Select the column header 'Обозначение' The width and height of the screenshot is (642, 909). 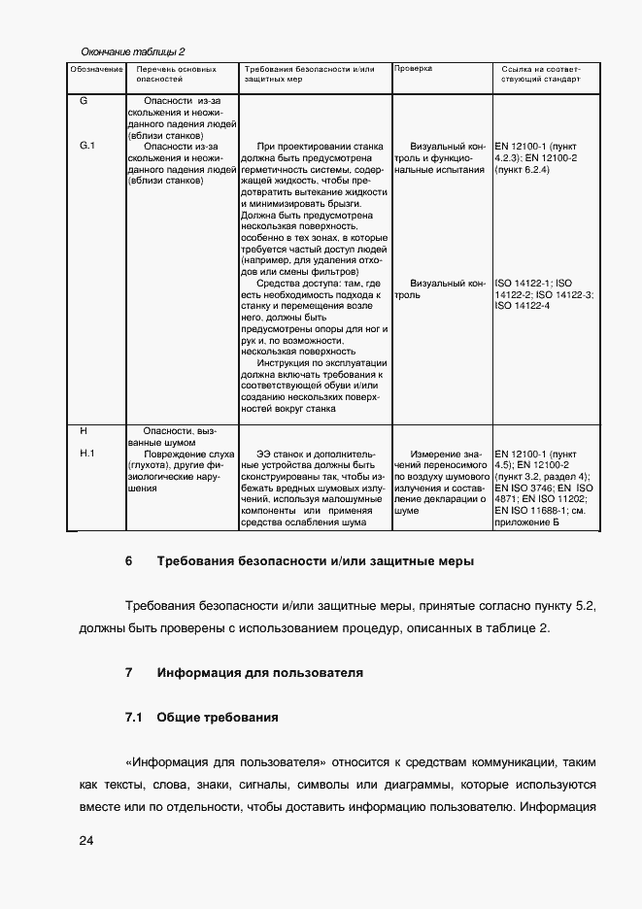coord(96,70)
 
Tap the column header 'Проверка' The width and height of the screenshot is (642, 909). coord(413,70)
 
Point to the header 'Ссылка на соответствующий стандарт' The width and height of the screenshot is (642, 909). coord(540,75)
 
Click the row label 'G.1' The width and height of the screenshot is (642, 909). coord(86,146)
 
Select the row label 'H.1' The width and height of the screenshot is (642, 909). coord(85,454)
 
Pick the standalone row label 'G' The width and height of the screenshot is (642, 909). coord(84,101)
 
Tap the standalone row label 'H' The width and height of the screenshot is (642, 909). coord(84,430)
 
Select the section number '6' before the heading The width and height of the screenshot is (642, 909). coord(128,562)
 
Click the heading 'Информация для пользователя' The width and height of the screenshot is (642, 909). coord(259,672)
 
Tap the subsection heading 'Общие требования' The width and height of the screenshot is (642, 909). coord(218,718)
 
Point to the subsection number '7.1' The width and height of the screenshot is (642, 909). coord(134,718)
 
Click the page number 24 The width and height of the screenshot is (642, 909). coord(86,841)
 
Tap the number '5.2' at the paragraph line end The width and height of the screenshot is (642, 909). coord(586,605)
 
